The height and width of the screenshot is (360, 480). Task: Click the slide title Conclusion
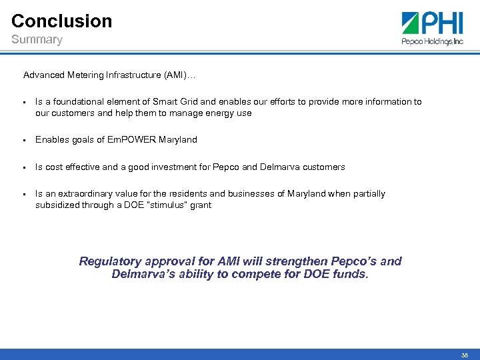61,21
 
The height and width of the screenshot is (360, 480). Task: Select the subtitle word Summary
37,40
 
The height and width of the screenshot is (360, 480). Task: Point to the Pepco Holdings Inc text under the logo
432,41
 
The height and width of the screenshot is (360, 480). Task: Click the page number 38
464,355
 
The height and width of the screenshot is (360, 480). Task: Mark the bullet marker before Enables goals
24,141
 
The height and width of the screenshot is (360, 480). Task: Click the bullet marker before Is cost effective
24,167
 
